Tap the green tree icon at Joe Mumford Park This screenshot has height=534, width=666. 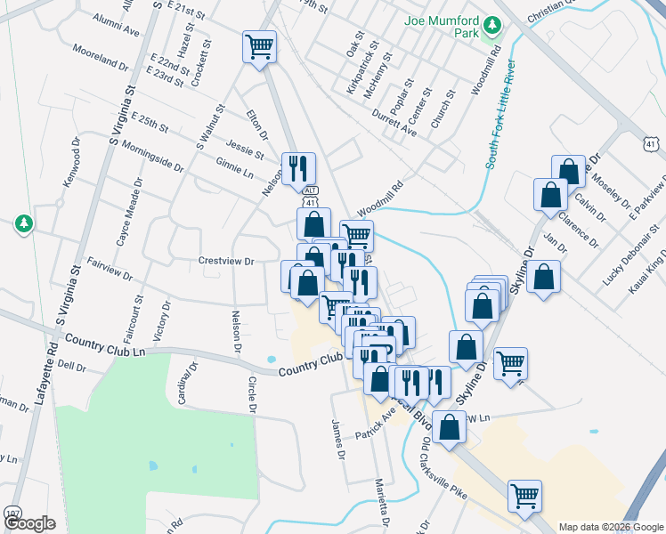click(x=488, y=36)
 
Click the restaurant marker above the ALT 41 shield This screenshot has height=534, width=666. click(x=297, y=167)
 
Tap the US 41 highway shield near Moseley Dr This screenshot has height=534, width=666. click(x=652, y=143)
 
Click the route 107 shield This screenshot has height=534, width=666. click(x=12, y=514)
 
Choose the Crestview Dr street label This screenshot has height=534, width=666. click(x=226, y=262)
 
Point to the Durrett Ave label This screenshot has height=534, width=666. click(x=394, y=125)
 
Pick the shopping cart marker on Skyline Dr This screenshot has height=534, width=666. click(x=510, y=362)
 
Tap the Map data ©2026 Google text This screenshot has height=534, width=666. click(x=610, y=527)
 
